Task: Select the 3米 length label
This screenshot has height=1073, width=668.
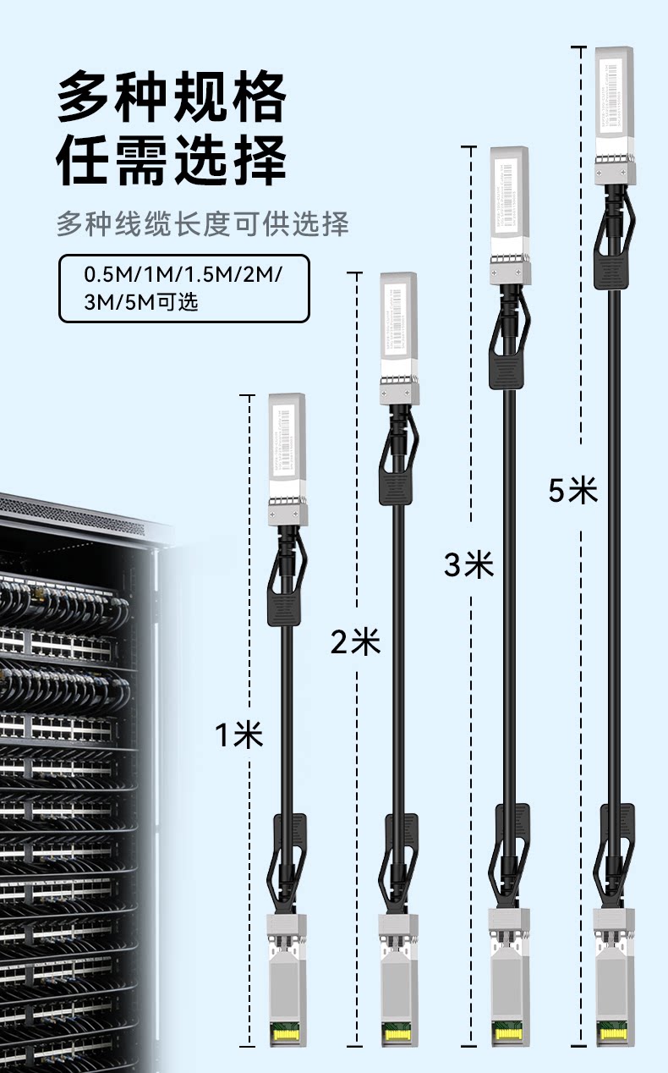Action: pos(468,564)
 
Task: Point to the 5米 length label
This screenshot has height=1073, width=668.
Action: pos(572,489)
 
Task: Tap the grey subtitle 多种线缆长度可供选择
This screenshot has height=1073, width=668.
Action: pos(203,225)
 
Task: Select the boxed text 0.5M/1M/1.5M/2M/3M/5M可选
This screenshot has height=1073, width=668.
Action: pos(183,289)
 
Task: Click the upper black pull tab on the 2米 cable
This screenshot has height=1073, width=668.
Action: pos(396,487)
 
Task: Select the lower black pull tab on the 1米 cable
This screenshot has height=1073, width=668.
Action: pos(288,834)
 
